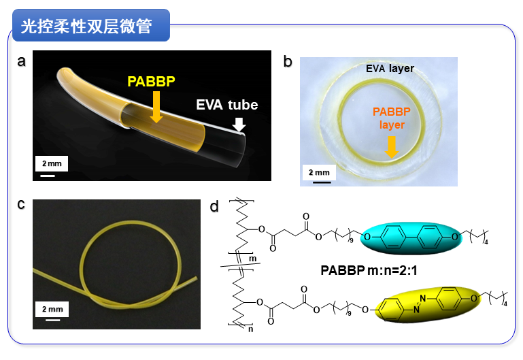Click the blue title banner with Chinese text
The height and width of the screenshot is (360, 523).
pos(91,25)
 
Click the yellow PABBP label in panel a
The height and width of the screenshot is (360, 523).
pos(151,82)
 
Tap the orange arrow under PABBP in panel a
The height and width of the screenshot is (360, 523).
pos(156,107)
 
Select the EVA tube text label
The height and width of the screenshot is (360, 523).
pos(226,105)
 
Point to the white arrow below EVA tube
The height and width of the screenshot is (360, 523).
pos(239,124)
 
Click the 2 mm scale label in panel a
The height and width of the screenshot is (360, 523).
pos(52,163)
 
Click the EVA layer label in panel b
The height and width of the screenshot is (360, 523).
pos(390,69)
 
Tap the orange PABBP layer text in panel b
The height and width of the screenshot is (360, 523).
pos(392,118)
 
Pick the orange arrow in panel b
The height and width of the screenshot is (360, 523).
pos(392,147)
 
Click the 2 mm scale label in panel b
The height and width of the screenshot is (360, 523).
pos(319,172)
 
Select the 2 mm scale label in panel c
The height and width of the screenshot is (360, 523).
pos(52,309)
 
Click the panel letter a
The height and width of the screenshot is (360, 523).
pos(21,61)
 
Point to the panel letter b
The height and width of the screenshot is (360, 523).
pos(288,62)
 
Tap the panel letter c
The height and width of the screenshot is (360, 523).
pos(21,205)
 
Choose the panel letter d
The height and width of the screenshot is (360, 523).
pos(214,206)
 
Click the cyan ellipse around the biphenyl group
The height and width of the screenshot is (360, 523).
pos(411,238)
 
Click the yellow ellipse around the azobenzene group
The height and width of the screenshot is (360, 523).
pos(428,304)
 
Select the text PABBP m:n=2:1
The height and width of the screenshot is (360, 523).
pos(369,270)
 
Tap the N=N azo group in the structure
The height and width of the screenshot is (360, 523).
pos(420,304)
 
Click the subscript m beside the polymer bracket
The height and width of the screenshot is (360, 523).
pos(253,259)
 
